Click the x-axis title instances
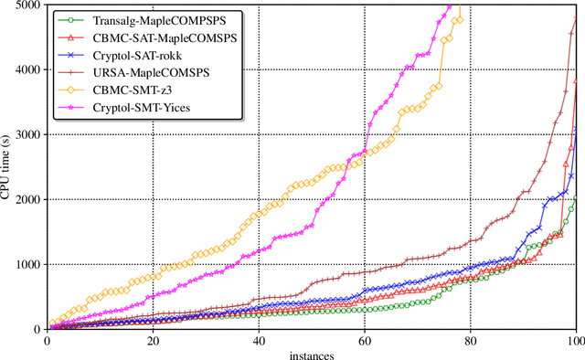[312, 353]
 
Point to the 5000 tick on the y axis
[27, 5]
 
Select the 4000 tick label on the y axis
[27, 70]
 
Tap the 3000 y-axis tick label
[27, 135]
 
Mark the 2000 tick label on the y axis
[27, 200]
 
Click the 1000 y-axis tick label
[27, 265]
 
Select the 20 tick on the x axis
[153, 339]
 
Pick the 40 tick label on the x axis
[259, 339]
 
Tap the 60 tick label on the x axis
[365, 339]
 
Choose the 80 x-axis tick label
[471, 339]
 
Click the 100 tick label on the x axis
[575, 339]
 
